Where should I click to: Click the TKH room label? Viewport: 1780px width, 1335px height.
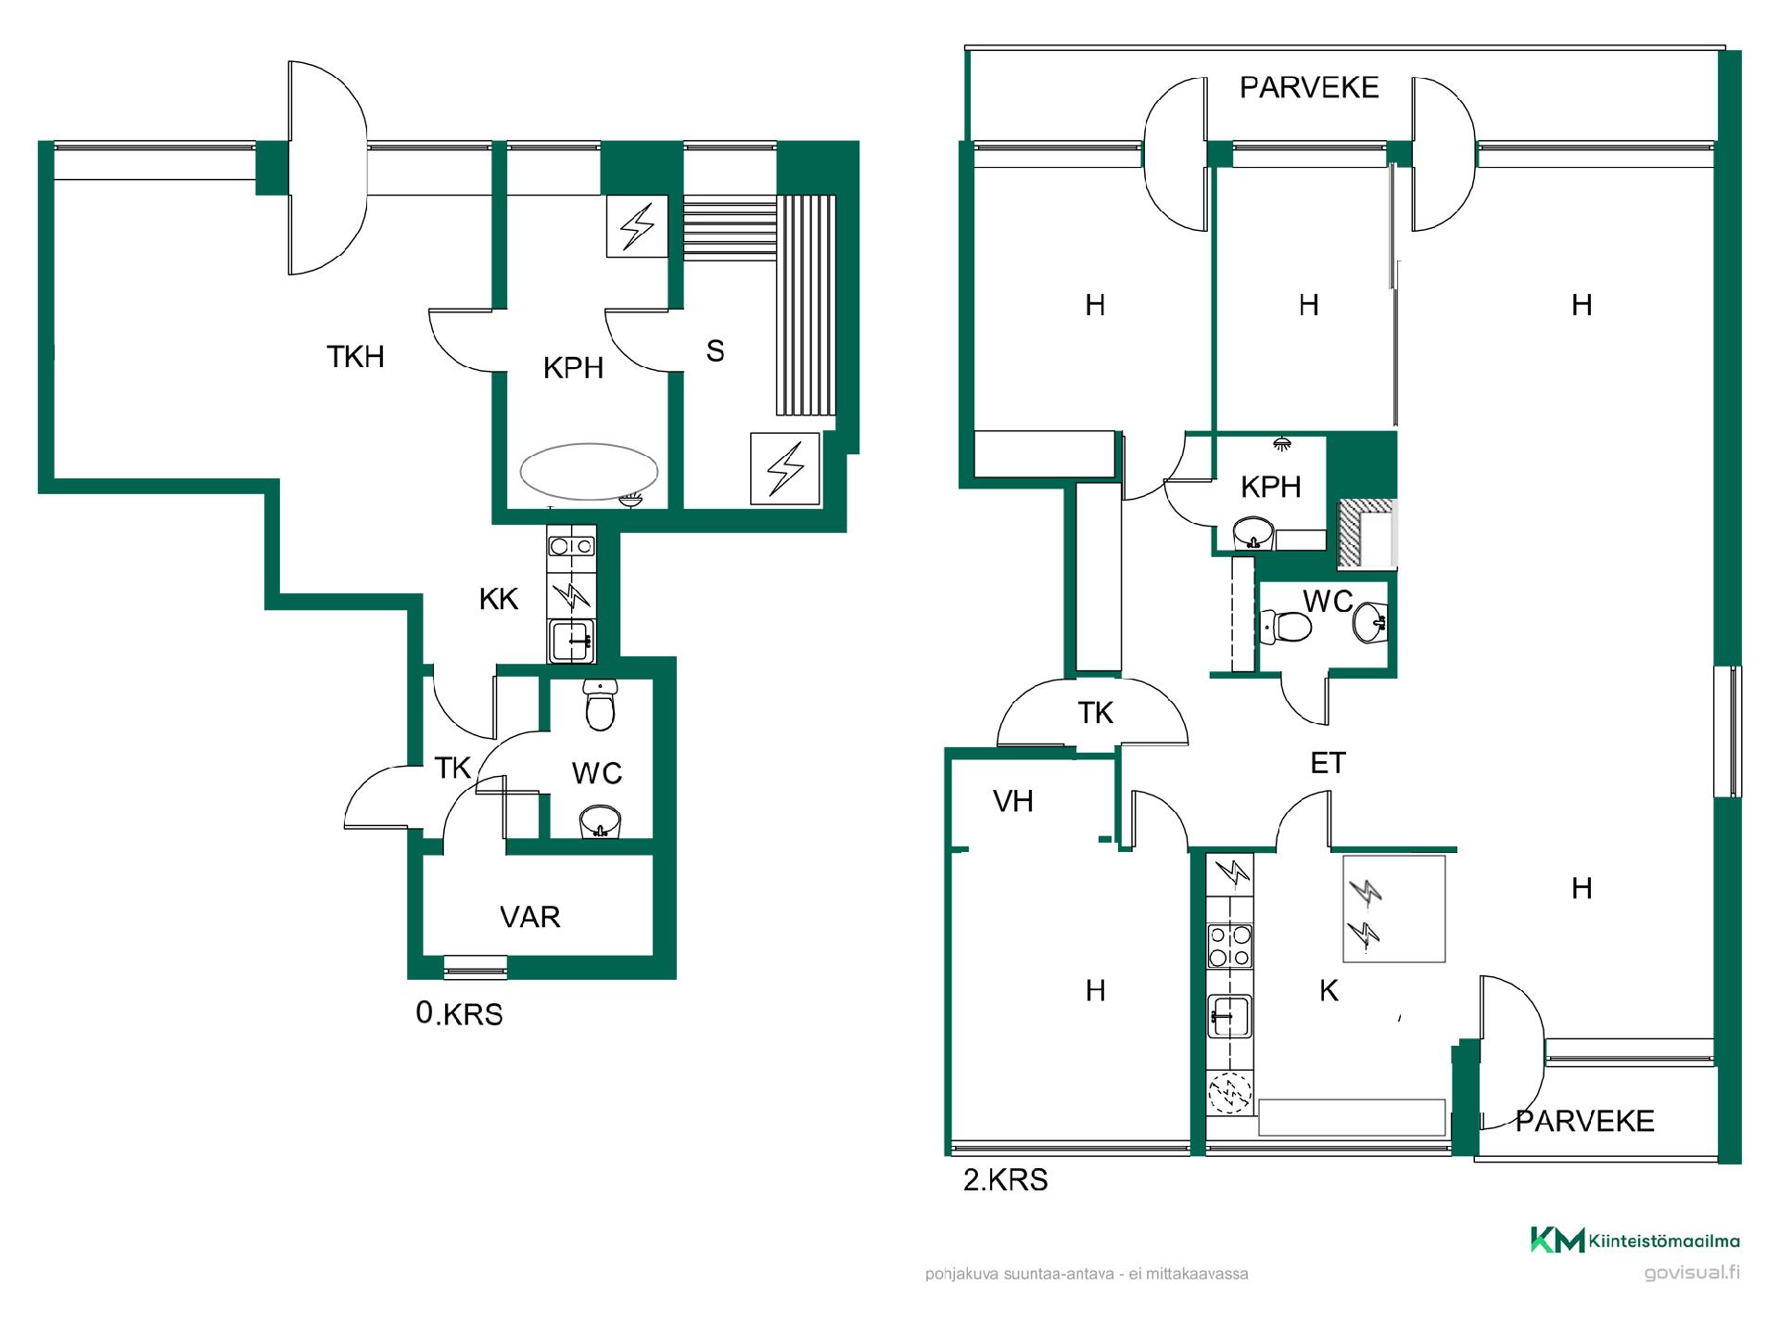pyautogui.click(x=355, y=357)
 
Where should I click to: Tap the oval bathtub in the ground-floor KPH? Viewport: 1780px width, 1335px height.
pyautogui.click(x=589, y=471)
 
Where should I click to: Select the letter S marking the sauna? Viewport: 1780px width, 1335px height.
pyautogui.click(x=715, y=350)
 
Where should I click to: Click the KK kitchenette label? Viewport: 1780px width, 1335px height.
pyautogui.click(x=499, y=600)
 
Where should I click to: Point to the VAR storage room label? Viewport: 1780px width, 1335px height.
pyautogui.click(x=530, y=917)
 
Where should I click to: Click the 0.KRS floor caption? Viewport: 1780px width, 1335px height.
pyautogui.click(x=460, y=1014)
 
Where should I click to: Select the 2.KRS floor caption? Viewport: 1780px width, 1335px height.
pyautogui.click(x=1006, y=1180)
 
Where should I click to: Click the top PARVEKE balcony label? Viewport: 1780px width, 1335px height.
pyautogui.click(x=1309, y=87)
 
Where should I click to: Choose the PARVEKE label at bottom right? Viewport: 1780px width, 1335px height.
pyautogui.click(x=1585, y=1121)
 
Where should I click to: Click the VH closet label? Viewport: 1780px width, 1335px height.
pyautogui.click(x=1012, y=801)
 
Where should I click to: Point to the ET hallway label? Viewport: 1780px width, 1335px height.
pyautogui.click(x=1328, y=763)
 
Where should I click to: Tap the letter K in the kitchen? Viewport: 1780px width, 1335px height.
pyautogui.click(x=1329, y=990)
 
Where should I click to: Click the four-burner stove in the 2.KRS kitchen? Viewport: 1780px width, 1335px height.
pyautogui.click(x=1230, y=946)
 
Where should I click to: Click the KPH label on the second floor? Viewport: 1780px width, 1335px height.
pyautogui.click(x=1271, y=487)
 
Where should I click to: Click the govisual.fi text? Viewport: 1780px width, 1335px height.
pyautogui.click(x=1692, y=1272)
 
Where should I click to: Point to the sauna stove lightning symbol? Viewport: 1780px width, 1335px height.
pyautogui.click(x=785, y=468)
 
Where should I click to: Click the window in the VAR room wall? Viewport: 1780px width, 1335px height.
pyautogui.click(x=476, y=967)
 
